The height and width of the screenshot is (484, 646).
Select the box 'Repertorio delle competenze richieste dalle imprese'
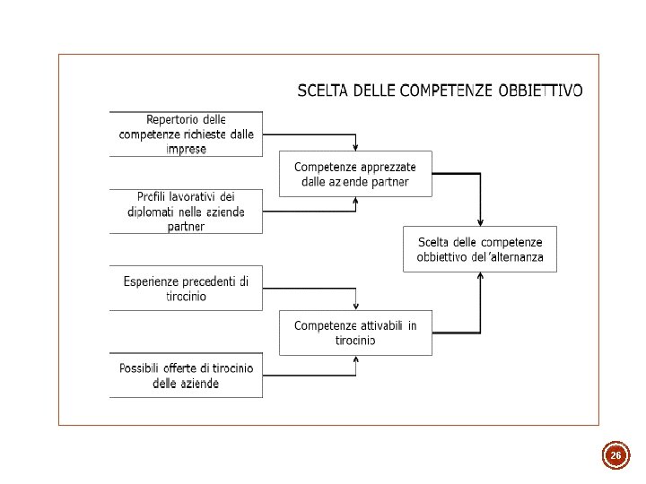[186, 134]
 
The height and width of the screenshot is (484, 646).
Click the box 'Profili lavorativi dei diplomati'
[186, 212]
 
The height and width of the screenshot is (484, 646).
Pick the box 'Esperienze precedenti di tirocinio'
[186, 289]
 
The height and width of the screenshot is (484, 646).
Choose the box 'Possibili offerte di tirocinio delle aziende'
[186, 376]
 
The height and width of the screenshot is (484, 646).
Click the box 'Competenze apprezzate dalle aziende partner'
[355, 174]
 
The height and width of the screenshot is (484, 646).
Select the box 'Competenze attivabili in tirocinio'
[355, 333]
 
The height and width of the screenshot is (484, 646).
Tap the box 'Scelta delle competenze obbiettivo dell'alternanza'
[480, 249]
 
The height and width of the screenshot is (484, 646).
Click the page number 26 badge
[615, 456]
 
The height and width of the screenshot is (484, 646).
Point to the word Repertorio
[174, 120]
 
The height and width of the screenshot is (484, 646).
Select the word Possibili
[143, 368]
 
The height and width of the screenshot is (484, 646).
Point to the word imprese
[186, 149]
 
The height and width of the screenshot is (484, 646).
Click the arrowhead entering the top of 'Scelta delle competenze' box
[481, 222]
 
